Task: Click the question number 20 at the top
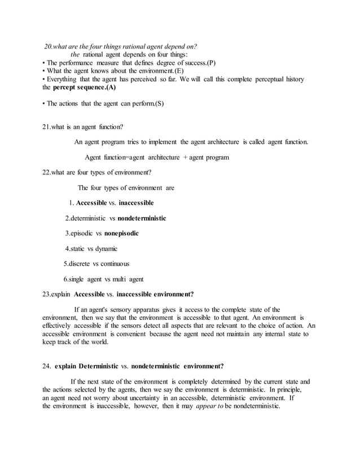[x=49, y=46]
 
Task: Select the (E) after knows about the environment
[x=176, y=71]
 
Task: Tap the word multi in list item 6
[x=120, y=279]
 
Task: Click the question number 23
[x=47, y=294]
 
